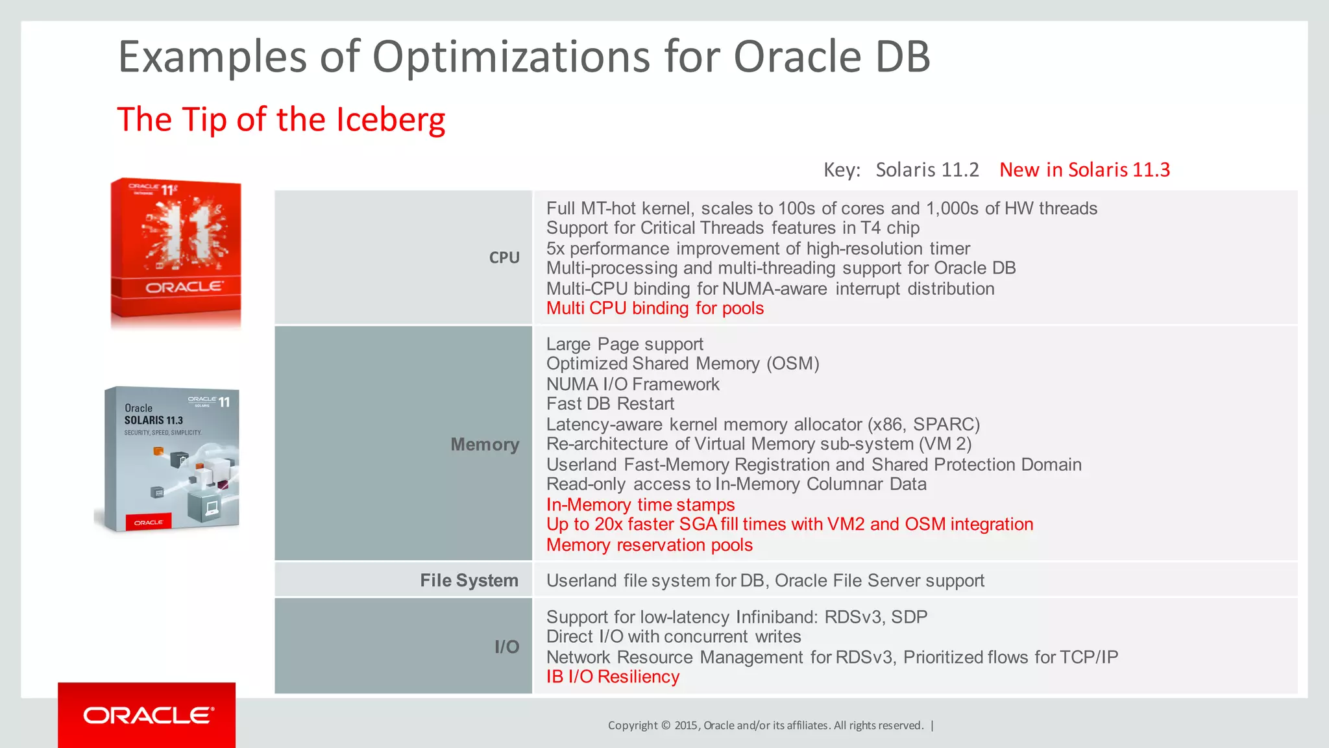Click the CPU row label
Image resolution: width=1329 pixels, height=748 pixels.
[x=504, y=258]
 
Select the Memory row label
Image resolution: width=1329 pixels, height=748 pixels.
[x=485, y=445]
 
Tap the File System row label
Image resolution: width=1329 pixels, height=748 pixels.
[x=469, y=580]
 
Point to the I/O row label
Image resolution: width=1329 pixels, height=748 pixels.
[x=507, y=647]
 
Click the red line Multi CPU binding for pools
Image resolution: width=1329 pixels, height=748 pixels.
[x=655, y=308]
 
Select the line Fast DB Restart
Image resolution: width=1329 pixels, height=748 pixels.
[x=610, y=404]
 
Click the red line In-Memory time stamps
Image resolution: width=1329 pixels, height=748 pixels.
[x=640, y=505]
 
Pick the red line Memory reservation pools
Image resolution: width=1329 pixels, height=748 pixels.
[x=649, y=545]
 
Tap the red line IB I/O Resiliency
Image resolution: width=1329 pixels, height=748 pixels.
[x=613, y=677]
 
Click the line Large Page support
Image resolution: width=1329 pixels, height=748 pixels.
[x=624, y=344]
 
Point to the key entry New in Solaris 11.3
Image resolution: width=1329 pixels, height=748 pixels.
[x=1084, y=170]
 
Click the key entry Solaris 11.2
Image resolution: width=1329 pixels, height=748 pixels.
[x=927, y=170]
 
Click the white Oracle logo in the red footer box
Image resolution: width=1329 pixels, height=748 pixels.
[x=148, y=716]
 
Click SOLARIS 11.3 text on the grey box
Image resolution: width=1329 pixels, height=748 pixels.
[x=154, y=421]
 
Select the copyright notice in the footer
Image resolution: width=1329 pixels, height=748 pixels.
[x=766, y=725]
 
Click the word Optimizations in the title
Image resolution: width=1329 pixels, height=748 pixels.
[x=511, y=57]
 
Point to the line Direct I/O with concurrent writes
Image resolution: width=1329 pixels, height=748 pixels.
[x=673, y=637]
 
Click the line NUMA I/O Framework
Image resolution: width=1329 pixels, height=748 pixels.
[x=633, y=384]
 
